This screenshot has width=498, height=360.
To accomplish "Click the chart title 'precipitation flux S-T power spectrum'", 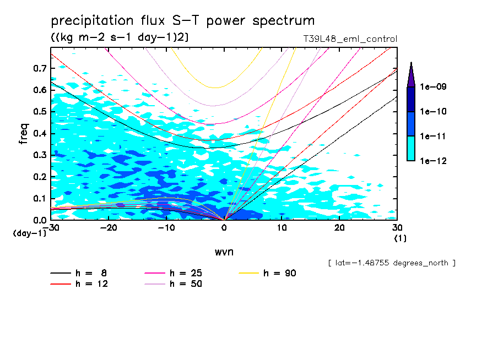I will coord(183,21).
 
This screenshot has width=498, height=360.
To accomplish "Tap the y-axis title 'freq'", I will coord(24,134).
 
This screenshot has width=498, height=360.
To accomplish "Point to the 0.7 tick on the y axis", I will coord(41,68).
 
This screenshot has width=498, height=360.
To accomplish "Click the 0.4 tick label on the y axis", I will coord(41,134).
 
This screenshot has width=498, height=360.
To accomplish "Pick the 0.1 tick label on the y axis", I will coord(41,199).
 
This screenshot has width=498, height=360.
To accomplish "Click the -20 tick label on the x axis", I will coord(107,228).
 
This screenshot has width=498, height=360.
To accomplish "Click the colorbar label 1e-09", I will coord(434,87).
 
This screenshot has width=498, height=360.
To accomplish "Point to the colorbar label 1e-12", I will coord(434,161).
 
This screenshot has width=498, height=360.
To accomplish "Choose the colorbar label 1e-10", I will coord(434,112).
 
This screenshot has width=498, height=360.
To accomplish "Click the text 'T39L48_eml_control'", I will coord(347,39).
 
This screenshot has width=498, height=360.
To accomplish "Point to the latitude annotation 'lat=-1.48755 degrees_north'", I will coord(392,263).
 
